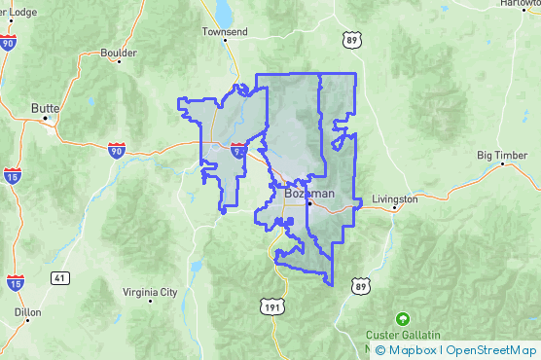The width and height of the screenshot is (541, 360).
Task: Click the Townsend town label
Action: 226,31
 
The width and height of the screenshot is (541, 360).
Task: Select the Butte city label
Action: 46,108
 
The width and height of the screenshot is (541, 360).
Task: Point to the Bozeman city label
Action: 309,193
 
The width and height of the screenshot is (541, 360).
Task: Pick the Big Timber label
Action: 501,155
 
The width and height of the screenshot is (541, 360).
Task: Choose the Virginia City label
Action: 150,291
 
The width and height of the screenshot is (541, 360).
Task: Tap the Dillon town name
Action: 28,313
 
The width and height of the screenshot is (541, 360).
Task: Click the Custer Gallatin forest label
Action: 402,336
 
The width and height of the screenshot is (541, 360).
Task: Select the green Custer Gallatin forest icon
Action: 402,318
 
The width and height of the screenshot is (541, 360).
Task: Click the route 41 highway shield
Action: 60,278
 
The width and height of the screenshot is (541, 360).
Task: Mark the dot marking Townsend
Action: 226,41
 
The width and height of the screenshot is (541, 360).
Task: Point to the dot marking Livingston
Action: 392,207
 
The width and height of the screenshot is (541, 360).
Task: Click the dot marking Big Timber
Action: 502,163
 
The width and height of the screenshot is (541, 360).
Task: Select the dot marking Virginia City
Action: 150,301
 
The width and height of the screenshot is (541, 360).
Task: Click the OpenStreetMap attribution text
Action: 491,350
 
